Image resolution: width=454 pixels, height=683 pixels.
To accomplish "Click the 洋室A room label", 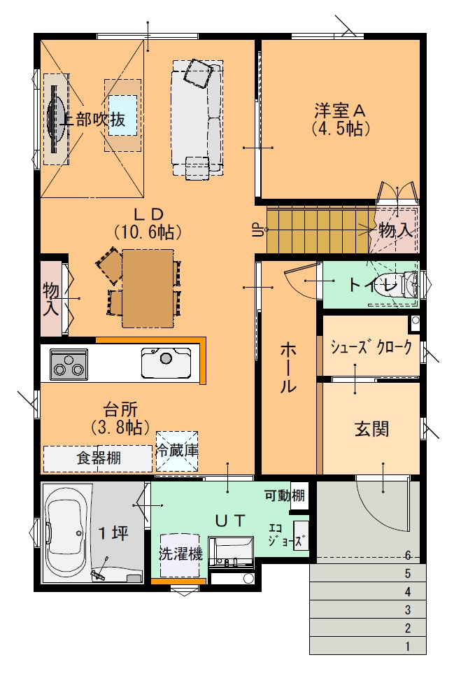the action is tap(341, 111).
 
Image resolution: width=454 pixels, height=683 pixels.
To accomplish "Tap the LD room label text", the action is tap(148, 214).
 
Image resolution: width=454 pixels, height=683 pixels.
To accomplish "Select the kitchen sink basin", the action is tap(166, 362).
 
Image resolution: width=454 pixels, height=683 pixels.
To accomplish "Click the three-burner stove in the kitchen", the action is tap(69, 365).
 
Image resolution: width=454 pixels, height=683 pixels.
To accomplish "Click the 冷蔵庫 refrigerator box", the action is tap(177, 451).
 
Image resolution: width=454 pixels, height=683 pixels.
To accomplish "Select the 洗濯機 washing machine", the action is tap(180, 555).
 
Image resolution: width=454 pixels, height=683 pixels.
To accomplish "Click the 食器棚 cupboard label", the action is tap(99, 458).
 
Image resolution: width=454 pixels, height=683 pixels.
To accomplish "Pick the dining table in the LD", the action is tap(148, 288).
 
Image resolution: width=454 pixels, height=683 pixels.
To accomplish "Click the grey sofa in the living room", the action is tap(197, 118).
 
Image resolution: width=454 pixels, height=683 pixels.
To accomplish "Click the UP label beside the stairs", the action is tap(257, 230).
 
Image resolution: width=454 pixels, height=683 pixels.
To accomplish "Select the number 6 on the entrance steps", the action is tap(408, 556).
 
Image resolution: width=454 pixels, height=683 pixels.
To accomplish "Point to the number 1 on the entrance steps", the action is tap(408, 647).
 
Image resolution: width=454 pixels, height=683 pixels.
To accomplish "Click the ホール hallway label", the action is tap(288, 367).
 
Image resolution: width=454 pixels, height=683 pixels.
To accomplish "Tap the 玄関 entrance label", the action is tap(371, 429).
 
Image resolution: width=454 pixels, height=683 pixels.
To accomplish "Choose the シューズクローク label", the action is tap(371, 346).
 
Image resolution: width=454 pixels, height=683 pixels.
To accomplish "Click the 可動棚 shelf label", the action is tap(285, 495).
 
